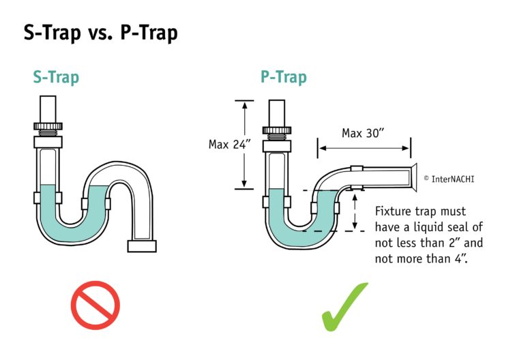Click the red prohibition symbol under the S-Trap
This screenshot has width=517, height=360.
(95, 305)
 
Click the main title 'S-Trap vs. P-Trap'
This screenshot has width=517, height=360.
(100, 33)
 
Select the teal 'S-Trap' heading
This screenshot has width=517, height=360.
(56, 78)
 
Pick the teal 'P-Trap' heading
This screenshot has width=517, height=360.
(284, 78)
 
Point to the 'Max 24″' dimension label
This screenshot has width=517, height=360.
(230, 145)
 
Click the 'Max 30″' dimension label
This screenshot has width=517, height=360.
(363, 133)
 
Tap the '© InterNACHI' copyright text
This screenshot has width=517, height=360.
(449, 179)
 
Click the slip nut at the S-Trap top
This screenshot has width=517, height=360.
(48, 126)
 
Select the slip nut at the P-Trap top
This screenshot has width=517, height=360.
(277, 130)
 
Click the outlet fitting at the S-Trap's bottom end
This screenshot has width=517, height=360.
(142, 246)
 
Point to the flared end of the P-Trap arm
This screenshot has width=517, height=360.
(413, 177)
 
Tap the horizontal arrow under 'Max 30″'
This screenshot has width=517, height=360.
(364, 149)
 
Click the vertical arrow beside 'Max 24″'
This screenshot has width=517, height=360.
(244, 145)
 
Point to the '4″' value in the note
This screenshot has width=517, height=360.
(461, 258)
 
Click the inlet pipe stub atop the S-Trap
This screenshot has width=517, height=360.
(48, 109)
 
